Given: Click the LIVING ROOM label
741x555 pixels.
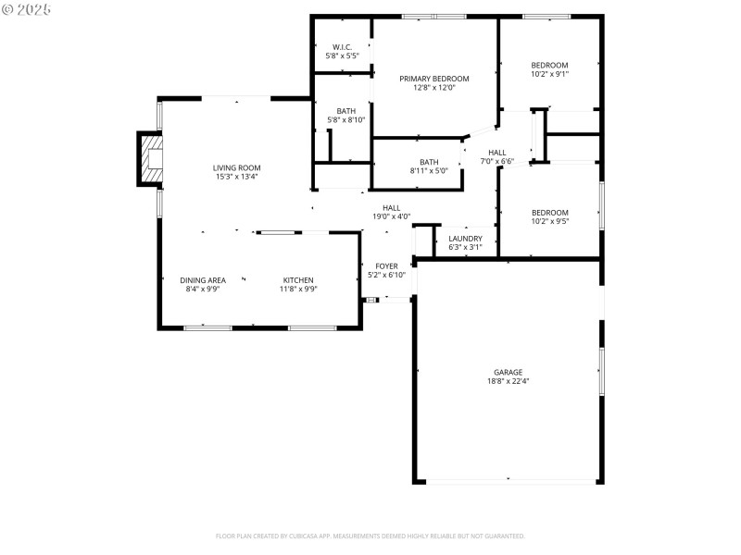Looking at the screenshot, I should pos(237,167).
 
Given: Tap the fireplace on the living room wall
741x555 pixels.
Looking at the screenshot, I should pos(150,159).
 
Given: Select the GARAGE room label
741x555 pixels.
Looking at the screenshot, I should pos(508,372).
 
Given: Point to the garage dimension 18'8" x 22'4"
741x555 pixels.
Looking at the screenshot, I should pos(508,381).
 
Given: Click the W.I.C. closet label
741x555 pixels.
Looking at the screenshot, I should pos(341,47).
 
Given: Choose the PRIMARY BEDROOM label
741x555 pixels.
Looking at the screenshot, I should pos(434,79).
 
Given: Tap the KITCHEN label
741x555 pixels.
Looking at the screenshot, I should pos(298,280).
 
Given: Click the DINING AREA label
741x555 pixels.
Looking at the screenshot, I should pos(203,280).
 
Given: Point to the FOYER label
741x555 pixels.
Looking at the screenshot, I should pos(386,265).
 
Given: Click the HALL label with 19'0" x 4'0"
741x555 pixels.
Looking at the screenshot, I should pos(391,208).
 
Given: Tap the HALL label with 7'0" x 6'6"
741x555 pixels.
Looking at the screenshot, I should pos(497,153).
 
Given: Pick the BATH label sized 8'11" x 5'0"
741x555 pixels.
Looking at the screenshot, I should pos(429,162).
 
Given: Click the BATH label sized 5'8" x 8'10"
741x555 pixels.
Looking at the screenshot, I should pos(345,111).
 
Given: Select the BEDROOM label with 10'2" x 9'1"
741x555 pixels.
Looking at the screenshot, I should pos(549,65).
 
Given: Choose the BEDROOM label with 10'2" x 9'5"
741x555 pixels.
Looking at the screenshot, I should pos(549,213).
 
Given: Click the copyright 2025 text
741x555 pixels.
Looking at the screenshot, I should pos(27,8).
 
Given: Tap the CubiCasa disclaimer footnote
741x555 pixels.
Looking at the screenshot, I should pos(370,536).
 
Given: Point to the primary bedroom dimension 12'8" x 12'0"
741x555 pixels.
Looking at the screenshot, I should pos(434,88).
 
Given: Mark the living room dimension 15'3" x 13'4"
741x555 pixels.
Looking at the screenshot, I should pos(237,177).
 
